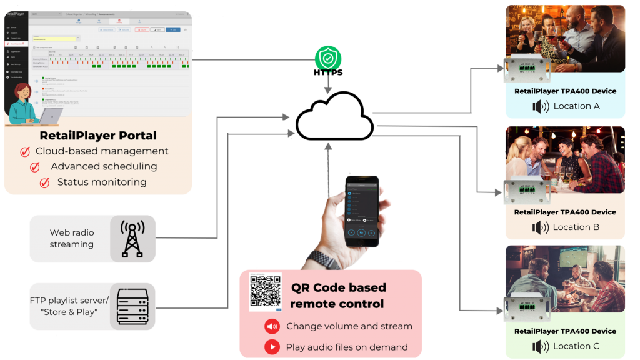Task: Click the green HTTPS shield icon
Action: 327,58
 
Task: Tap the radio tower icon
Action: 132,238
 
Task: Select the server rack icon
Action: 132,307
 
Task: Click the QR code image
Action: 265,291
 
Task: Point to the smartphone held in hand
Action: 362,209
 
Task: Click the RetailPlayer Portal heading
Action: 98,135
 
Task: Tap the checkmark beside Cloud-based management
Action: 25,152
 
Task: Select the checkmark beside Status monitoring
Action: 44,182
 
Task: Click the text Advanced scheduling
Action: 104,166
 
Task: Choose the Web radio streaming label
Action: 72,238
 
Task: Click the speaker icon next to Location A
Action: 540,106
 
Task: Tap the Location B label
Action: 576,227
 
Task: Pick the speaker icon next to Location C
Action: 540,346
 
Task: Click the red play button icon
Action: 272,346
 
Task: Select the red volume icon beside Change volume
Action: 272,326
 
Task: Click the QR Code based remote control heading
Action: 338,296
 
